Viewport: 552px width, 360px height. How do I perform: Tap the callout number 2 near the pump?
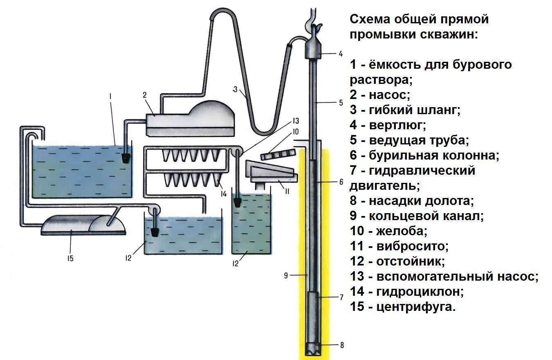[145, 95]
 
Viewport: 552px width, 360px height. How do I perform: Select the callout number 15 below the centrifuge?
[70, 258]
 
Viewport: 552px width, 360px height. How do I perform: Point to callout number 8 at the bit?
[342, 345]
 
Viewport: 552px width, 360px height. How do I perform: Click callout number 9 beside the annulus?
[286, 275]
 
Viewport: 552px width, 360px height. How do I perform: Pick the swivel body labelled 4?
[314, 51]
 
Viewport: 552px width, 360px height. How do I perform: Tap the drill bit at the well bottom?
[314, 348]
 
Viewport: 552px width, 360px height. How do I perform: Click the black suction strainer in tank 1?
[126, 158]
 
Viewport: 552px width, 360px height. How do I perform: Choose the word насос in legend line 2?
[389, 94]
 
